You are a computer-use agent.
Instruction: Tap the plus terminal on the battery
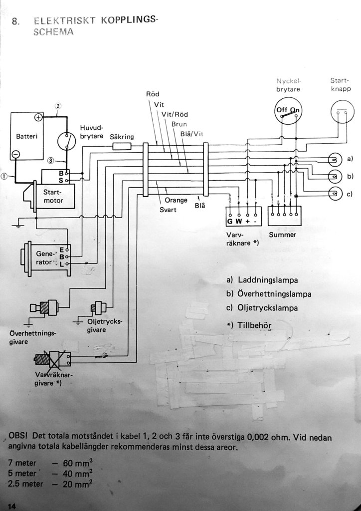pyautogui.click(x=38, y=118)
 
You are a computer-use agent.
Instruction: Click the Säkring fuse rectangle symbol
pyautogui.click(x=122, y=146)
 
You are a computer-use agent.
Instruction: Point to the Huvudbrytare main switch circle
pyautogui.click(x=65, y=141)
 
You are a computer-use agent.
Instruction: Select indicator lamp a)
pyautogui.click(x=334, y=160)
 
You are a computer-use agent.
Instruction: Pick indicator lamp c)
pyautogui.click(x=334, y=194)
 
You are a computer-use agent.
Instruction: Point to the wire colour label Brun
pyautogui.click(x=179, y=124)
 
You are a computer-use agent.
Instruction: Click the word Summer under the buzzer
pyautogui.click(x=282, y=234)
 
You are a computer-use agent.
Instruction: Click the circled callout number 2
pyautogui.click(x=58, y=106)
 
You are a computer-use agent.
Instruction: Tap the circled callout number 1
pyautogui.click(x=4, y=176)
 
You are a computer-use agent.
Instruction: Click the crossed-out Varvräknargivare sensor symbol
pyautogui.click(x=52, y=358)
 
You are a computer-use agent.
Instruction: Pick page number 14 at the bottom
pyautogui.click(x=11, y=507)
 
